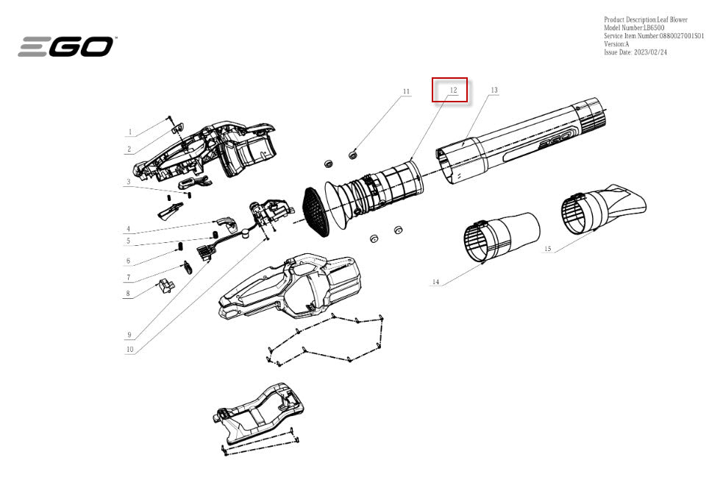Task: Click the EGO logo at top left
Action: pos(65,46)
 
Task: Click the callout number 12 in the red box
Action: pos(454,91)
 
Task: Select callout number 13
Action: pos(494,91)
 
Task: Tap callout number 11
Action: pos(406,91)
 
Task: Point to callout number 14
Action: pos(435,282)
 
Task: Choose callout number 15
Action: pos(548,249)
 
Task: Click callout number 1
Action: pos(129,132)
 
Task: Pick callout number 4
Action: pos(129,229)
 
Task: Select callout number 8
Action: pos(128,293)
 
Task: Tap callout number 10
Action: pos(129,349)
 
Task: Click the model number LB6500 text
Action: pos(635,27)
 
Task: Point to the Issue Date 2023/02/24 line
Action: pos(635,52)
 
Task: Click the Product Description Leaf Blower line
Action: pos(646,19)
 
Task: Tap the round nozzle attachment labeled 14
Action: pos(501,237)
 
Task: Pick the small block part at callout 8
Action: pos(165,286)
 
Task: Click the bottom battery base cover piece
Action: pos(258,412)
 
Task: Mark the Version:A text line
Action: pos(616,44)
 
